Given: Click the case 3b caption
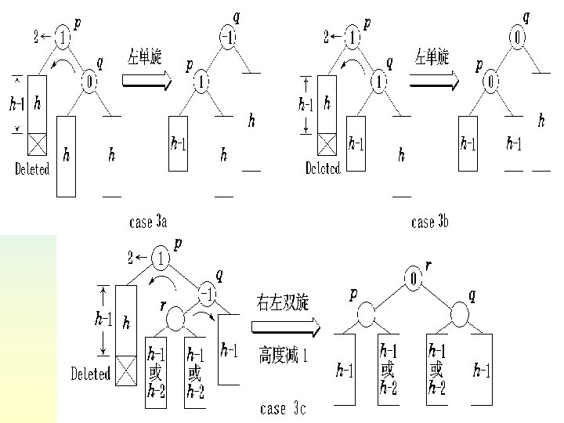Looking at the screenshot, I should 430,222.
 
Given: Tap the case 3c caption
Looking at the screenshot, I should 283,408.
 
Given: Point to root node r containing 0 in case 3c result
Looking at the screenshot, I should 412,278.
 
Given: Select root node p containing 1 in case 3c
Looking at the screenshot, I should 161,257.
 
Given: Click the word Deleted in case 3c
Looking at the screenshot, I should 91,374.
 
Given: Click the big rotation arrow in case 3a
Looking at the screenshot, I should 146,81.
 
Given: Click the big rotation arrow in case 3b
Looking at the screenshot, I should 434,81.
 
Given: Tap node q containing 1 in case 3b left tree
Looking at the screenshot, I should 378,81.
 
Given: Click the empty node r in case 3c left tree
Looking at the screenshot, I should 175,317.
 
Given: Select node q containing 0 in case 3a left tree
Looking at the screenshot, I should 90,80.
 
